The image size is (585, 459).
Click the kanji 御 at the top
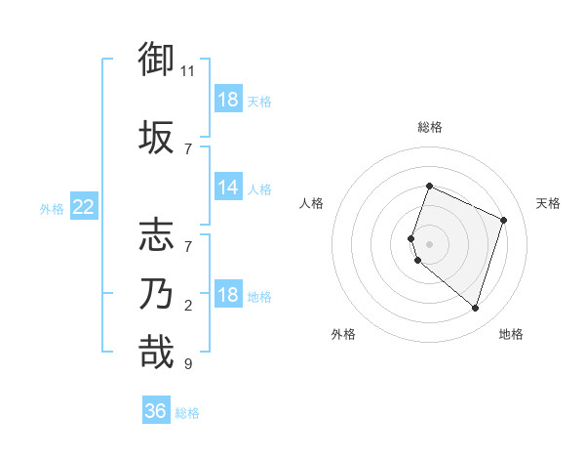[x=157, y=60]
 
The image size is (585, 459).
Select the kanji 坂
[x=157, y=136]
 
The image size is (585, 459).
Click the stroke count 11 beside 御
[x=188, y=71]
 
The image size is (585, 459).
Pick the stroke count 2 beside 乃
[x=188, y=306]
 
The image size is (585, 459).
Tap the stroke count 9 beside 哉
[x=188, y=364]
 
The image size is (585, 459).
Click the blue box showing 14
[x=228, y=188]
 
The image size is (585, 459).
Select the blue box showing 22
[x=84, y=207]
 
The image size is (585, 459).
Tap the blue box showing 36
[x=156, y=411]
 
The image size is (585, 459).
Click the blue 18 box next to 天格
[x=228, y=100]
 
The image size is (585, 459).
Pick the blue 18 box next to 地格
[x=228, y=295]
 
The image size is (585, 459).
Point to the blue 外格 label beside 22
[x=51, y=208]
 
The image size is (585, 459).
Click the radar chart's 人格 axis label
[x=312, y=203]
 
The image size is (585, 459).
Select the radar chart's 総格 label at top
[x=429, y=127]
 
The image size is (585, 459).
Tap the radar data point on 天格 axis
[x=504, y=219]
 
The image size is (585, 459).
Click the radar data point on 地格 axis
[x=475, y=308]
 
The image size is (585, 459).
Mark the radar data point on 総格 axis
[x=429, y=186]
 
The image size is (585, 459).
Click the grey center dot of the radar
[x=429, y=243]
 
